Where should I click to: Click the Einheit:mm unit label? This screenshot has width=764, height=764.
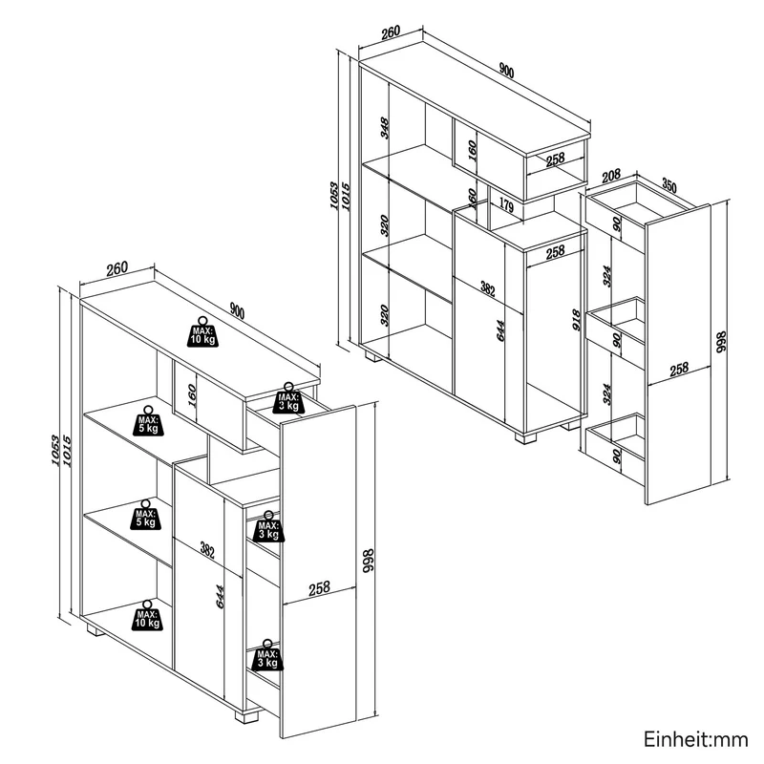pos(696,739)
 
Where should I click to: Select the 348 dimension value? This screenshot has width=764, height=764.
pos(385,128)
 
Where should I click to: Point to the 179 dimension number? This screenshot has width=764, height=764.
pos(507,206)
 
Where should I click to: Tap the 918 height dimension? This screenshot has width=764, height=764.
pos(577,320)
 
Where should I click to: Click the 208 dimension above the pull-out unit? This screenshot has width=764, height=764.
pos(611,176)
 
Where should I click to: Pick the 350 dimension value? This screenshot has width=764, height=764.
pos(669,186)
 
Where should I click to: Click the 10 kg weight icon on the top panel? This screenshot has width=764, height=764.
pos(202,331)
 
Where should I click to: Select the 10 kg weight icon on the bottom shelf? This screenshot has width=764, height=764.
pos(147,615)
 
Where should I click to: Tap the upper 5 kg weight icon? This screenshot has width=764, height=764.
pos(148,420)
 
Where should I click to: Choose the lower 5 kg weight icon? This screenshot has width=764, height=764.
pos(145,515)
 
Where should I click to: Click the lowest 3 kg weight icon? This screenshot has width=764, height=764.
pos(267,655)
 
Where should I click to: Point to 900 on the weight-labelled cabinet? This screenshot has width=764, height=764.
pos(237,311)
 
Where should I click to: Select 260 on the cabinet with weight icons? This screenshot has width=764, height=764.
pos(117,268)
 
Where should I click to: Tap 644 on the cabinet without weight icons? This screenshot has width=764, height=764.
pos(500,330)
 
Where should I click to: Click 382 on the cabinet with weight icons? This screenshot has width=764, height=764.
pos(207,551)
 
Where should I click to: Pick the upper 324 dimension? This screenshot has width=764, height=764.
pos(606,276)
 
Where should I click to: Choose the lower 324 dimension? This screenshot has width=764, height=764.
pos(606,393)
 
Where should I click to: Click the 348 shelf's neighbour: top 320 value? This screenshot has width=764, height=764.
pos(385,225)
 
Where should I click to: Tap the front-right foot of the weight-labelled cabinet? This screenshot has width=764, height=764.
pos(246,717)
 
